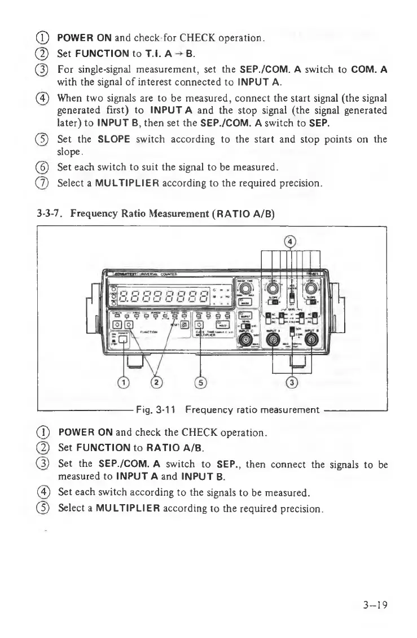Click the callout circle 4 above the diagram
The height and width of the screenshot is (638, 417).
click(x=291, y=242)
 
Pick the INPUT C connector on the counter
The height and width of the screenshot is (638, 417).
click(x=245, y=339)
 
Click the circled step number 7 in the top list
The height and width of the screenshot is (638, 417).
click(x=43, y=182)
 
